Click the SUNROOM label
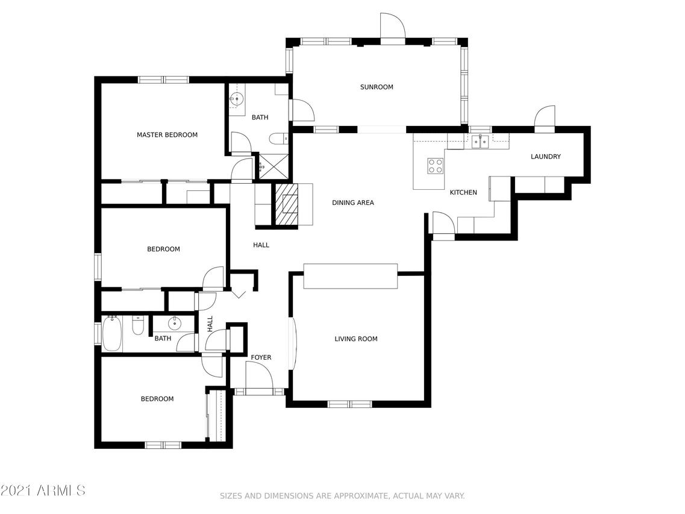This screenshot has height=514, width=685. (377, 87)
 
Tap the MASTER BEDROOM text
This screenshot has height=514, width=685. (167, 135)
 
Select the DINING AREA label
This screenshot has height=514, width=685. (353, 203)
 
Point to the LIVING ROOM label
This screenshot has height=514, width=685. (356, 339)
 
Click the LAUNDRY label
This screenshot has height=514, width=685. (546, 157)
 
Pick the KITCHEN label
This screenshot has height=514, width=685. (463, 192)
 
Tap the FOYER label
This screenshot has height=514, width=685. (261, 357)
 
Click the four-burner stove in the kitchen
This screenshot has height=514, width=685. (435, 166)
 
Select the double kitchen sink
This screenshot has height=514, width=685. (480, 142)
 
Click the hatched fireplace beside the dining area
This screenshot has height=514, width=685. (286, 204)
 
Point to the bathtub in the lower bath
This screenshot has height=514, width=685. (112, 333)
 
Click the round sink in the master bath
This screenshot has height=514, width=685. (237, 99)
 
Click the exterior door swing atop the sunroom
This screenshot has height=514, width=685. (393, 26)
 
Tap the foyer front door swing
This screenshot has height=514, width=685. (259, 375)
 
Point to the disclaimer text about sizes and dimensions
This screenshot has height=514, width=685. (342, 496)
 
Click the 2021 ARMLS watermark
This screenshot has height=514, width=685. (42, 490)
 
